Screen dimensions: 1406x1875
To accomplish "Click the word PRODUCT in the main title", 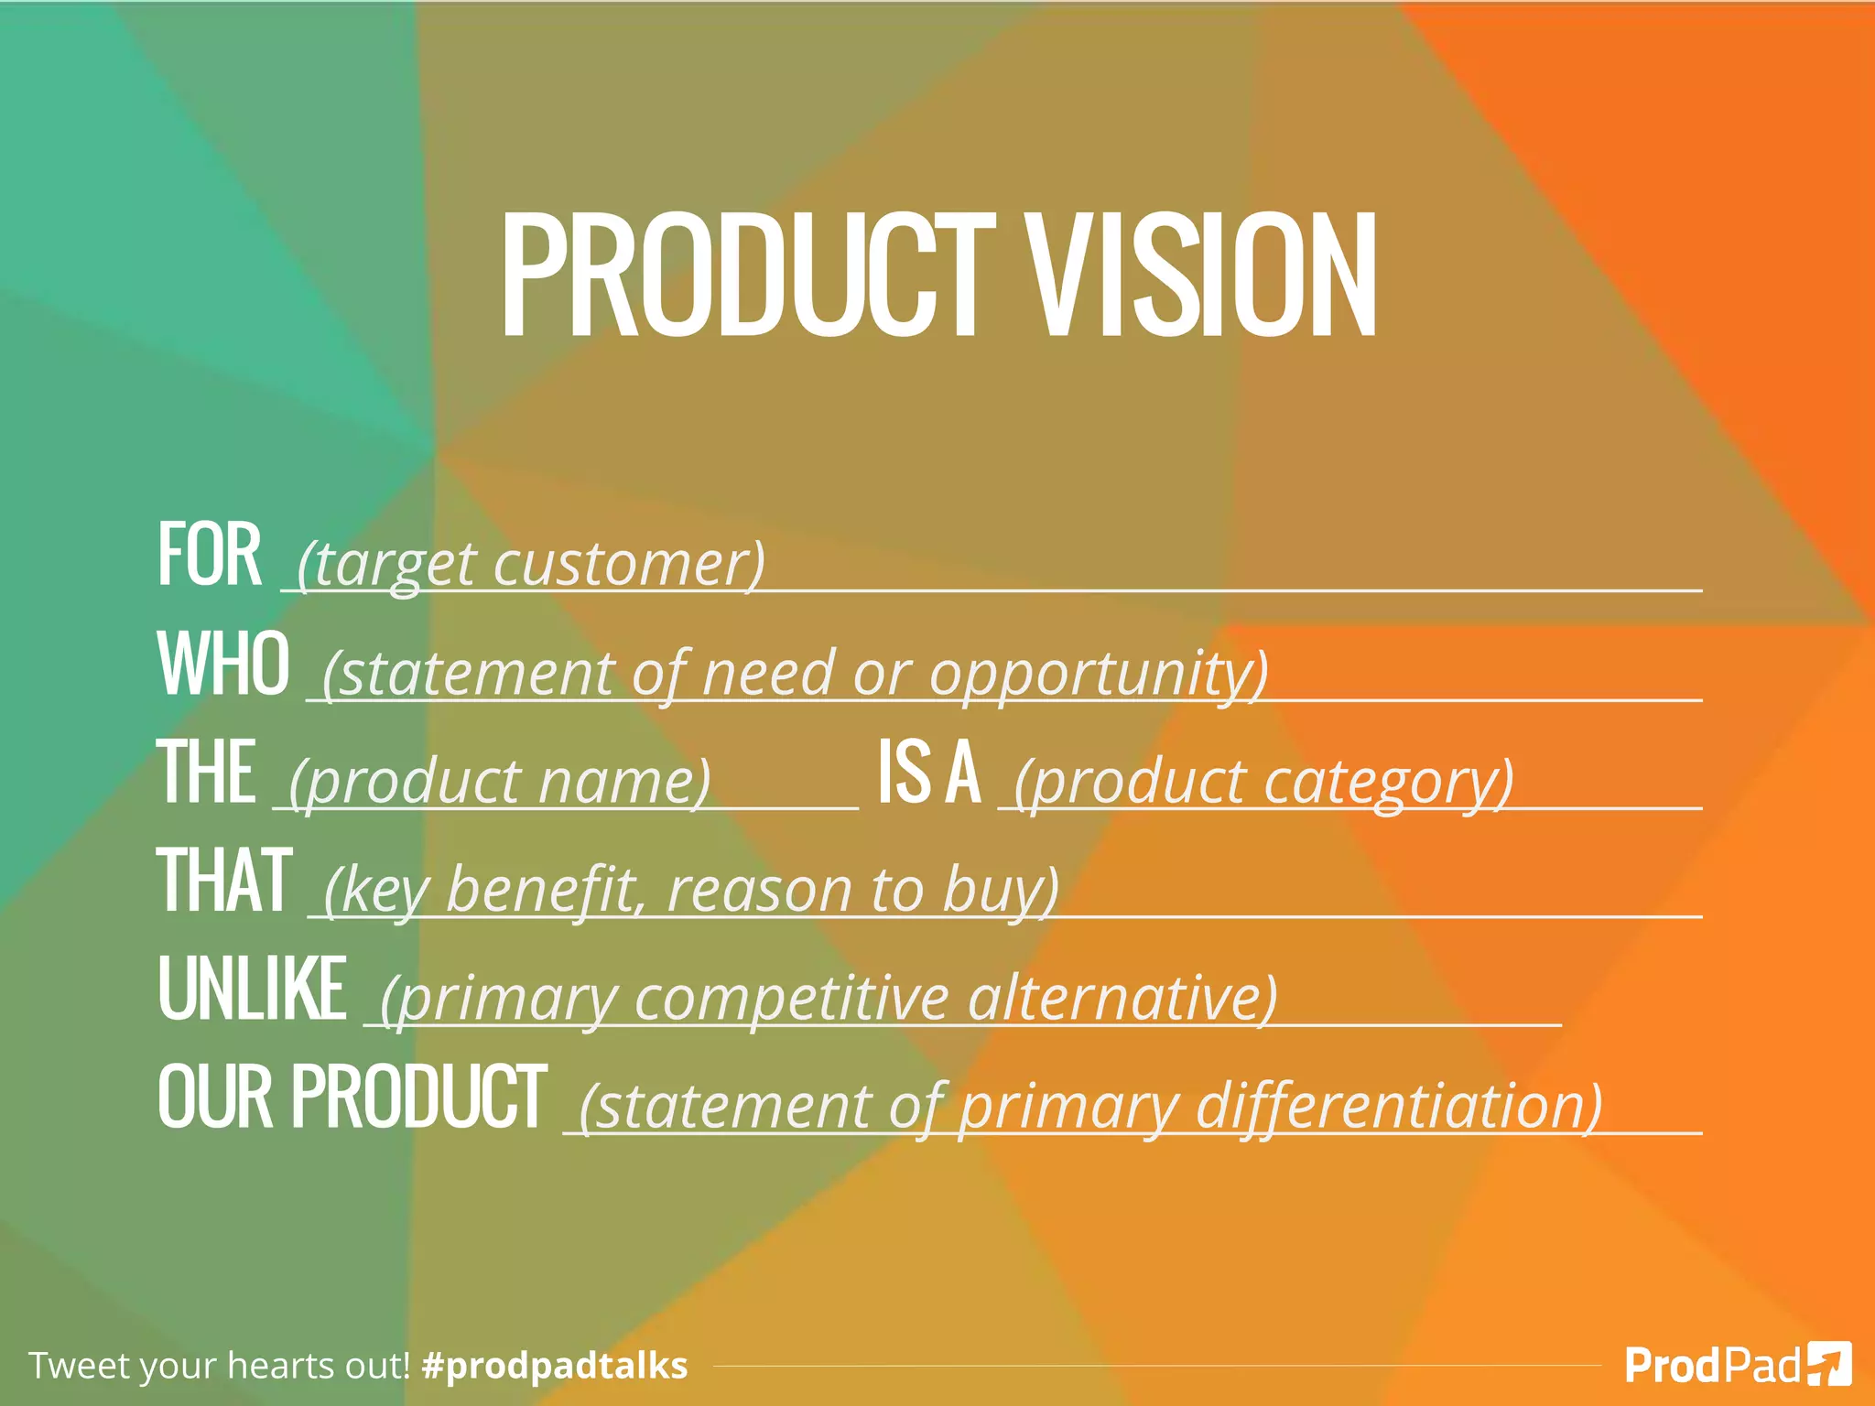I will (x=747, y=275).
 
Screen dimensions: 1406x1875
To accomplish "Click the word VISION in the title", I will (x=1200, y=275).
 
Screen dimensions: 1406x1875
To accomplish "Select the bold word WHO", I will (x=223, y=664).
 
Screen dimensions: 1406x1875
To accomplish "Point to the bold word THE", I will (x=206, y=773).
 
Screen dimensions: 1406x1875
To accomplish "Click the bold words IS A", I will (x=928, y=773).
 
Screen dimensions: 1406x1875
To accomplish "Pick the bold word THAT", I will (x=224, y=881).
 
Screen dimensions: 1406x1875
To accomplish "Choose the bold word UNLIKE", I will (x=252, y=989).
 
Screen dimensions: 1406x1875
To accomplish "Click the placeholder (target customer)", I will (x=531, y=563).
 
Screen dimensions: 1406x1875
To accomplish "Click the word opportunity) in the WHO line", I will (x=1099, y=674).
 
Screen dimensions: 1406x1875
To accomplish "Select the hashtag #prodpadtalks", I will (x=555, y=1365).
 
